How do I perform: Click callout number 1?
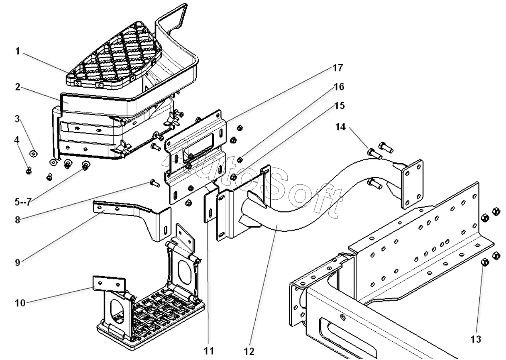click(x=18, y=51)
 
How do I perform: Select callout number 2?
click(x=18, y=87)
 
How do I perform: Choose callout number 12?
click(x=249, y=351)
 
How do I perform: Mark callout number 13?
click(x=476, y=339)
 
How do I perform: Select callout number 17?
click(x=337, y=68)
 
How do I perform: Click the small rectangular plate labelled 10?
click(x=108, y=283)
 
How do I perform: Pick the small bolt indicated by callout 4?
click(x=29, y=169)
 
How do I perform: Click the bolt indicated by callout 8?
click(x=152, y=181)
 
